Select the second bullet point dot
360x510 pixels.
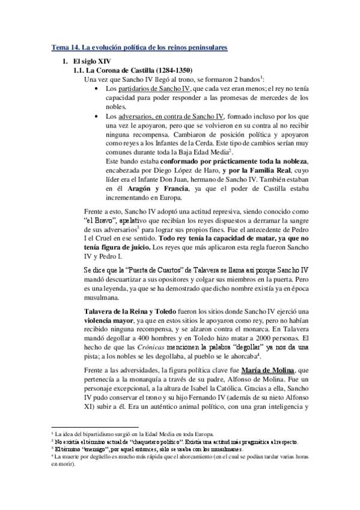pos(99,116)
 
